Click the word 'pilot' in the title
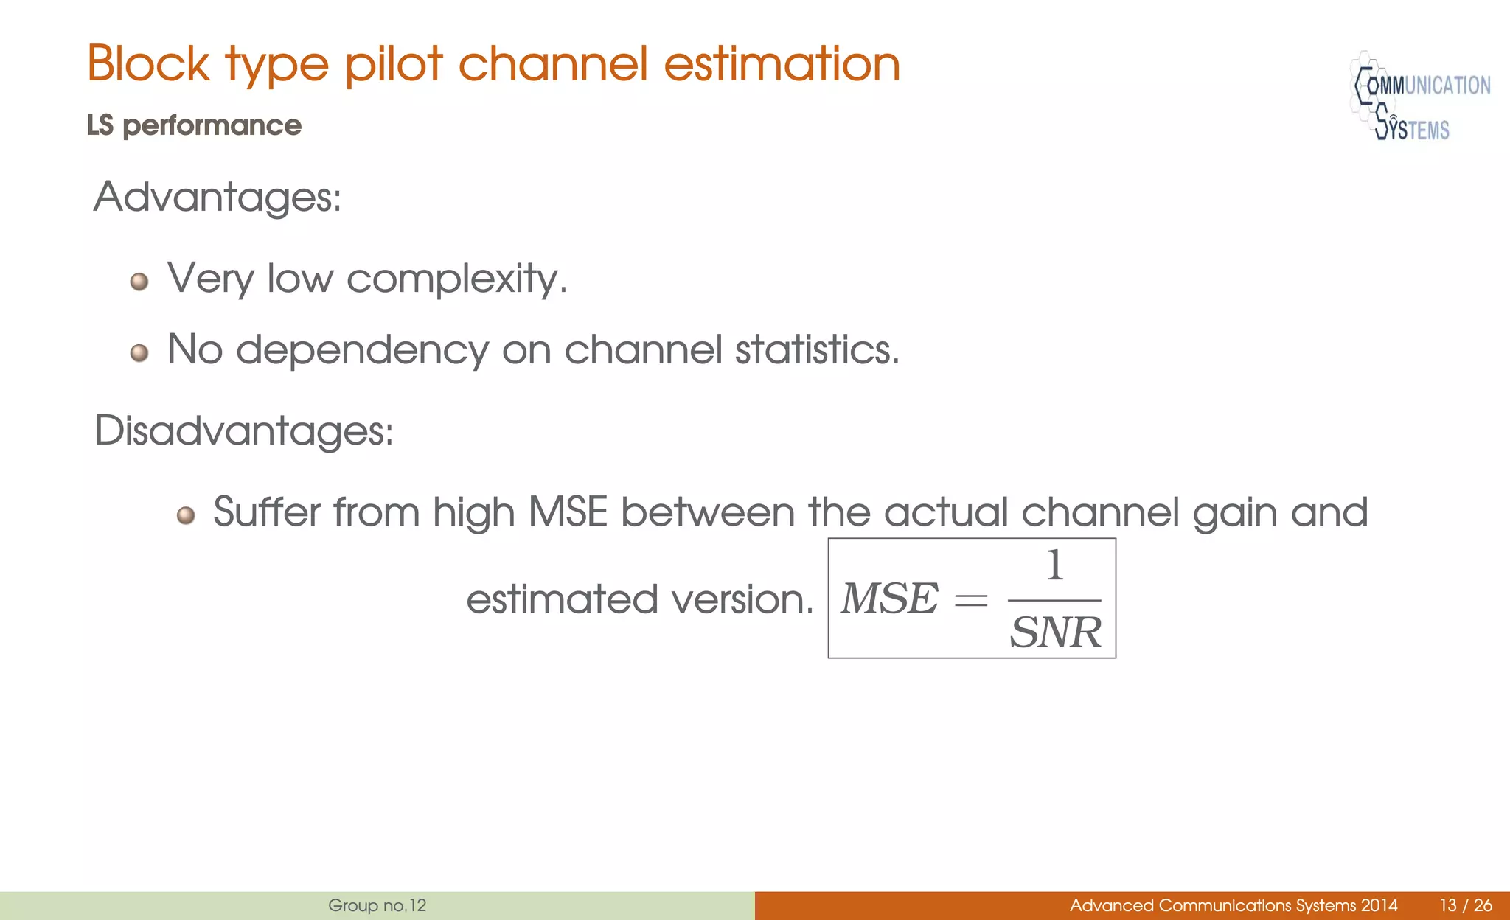394,64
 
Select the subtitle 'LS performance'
194,126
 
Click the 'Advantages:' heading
218,198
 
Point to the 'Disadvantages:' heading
244,431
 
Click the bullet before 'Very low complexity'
139,282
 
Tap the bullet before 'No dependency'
139,353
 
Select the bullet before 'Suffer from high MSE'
186,515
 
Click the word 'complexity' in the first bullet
456,279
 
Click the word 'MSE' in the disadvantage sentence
568,512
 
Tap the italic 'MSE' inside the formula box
890,599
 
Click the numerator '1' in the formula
1055,566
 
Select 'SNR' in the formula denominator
1055,632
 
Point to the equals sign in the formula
971,601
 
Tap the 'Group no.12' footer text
377,906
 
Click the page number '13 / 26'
1466,906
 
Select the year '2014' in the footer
1379,906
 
